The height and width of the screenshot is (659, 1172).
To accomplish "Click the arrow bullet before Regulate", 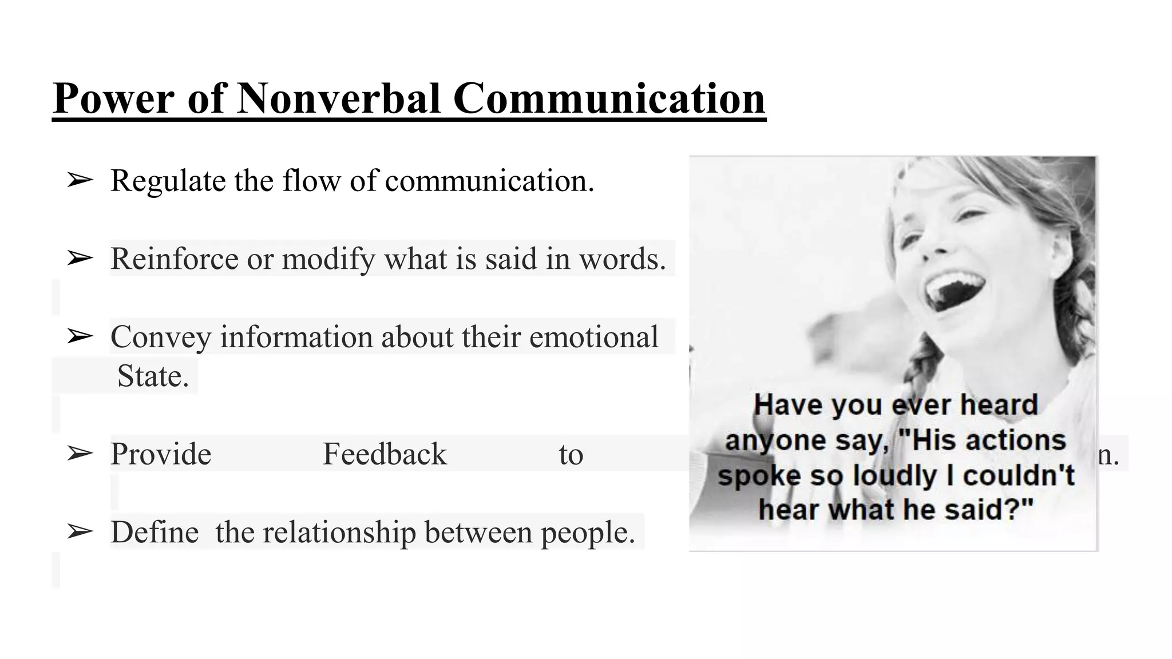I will tap(80, 181).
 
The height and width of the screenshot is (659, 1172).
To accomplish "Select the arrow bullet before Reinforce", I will tap(80, 259).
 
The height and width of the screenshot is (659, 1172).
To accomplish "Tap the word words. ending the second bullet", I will tap(623, 259).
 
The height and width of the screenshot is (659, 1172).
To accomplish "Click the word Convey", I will tap(161, 336).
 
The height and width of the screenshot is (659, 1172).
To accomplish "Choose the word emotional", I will tap(593, 336).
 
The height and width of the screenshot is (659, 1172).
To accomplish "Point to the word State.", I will tap(153, 376).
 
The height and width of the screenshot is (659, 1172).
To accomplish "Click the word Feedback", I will tap(385, 454).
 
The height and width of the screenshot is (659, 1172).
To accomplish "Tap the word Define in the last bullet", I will tap(155, 532).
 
